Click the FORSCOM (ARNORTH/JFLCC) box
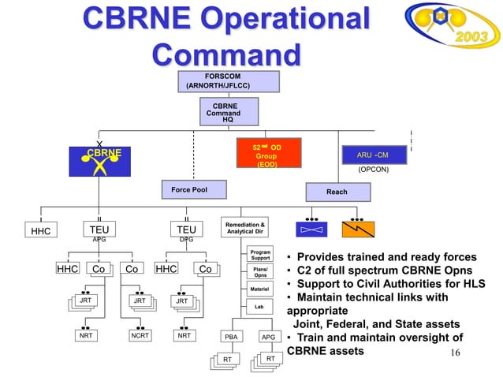[x=228, y=80]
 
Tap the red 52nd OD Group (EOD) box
[x=266, y=155]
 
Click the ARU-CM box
[x=373, y=155]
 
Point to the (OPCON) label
[x=373, y=170]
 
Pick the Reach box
[x=337, y=192]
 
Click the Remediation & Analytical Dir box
[x=246, y=228]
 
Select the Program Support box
[x=259, y=255]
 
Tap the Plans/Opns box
[x=259, y=271]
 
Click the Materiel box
[x=259, y=289]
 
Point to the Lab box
[x=259, y=305]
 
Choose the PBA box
[x=230, y=336]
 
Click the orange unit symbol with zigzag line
[x=358, y=229]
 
